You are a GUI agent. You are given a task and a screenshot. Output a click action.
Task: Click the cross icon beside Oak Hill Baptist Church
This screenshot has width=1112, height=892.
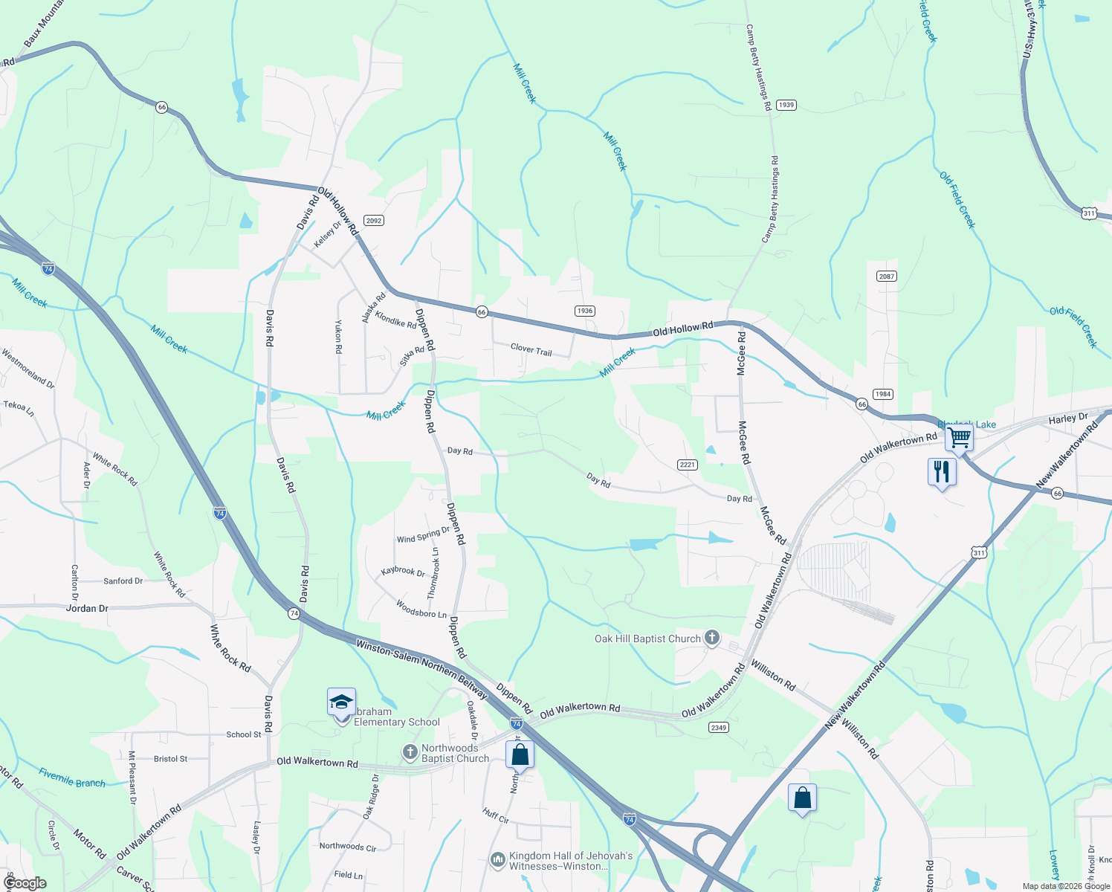pos(712,638)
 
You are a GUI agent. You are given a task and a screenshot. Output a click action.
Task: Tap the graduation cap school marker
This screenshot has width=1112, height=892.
pos(341,702)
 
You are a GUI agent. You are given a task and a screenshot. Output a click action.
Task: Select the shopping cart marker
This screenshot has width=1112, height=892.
pos(959,438)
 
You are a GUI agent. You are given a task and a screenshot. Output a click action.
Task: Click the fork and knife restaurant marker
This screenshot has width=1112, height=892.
pos(942,471)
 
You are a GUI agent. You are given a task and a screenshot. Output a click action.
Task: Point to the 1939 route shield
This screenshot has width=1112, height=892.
pos(786,105)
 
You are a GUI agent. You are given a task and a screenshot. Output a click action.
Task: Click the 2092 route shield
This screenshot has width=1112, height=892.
pos(373,220)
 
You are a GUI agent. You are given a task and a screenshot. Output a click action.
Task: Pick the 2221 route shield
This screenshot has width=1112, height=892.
pos(687,465)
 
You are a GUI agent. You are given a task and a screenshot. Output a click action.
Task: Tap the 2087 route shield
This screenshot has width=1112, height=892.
pos(886,276)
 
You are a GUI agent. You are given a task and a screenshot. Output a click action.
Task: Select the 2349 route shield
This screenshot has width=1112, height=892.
pos(718,727)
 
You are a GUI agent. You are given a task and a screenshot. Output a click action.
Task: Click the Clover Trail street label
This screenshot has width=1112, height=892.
pos(531,349)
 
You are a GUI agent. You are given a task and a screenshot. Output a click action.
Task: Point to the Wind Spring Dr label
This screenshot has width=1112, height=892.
pos(423,535)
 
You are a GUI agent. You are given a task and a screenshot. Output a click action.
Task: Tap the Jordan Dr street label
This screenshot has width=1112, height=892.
pos(87,608)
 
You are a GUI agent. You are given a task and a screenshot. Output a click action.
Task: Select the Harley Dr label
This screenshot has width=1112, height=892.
pos(1068,418)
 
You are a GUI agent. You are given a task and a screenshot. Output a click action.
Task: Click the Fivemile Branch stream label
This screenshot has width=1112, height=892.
pos(72,778)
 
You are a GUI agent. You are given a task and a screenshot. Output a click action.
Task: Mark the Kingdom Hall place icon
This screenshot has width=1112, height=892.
pos(497,860)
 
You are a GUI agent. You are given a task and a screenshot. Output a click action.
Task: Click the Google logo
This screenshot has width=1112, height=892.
pos(25,883)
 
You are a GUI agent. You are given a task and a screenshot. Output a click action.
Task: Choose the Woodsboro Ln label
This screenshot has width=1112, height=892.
pos(421,609)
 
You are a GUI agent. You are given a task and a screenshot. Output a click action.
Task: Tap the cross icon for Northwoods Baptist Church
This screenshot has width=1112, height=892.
pos(410,752)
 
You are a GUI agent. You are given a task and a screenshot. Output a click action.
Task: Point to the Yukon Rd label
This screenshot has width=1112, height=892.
pos(338,336)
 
